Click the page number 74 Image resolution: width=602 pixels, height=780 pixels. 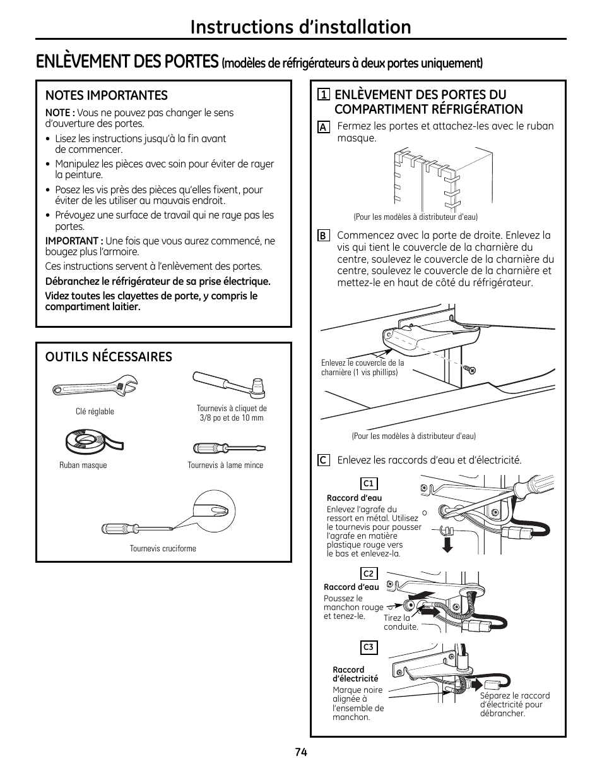pos(300,752)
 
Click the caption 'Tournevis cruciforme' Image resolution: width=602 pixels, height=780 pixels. pos(163,548)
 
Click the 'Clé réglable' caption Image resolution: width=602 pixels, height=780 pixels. pos(95,412)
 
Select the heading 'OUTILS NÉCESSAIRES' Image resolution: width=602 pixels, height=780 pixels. pos(109,357)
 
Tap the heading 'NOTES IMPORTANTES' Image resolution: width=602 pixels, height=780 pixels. pos(106,95)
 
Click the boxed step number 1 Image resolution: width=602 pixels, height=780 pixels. pos(323,95)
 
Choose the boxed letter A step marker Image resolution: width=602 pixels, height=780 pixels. pos(323,127)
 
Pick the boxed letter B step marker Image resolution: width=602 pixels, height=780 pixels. pos(323,236)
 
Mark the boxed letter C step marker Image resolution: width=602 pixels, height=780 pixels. pos(323,460)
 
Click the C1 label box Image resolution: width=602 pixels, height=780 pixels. pos(369,484)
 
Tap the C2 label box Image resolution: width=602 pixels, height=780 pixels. pos(369,573)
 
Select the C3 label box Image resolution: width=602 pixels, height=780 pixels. pos(369,647)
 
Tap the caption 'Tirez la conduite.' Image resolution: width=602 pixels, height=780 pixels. pos(401,622)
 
